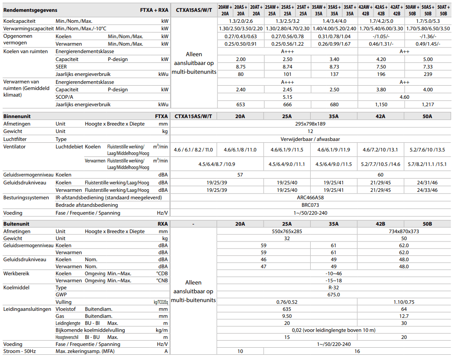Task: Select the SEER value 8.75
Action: tap(240, 67)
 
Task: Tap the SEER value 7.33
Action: tap(427, 67)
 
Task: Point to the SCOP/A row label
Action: tap(65, 97)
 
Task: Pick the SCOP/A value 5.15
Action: tap(287, 97)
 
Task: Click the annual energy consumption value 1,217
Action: tap(427, 104)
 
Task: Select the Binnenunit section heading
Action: tap(17, 116)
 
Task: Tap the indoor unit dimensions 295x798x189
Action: tap(310, 124)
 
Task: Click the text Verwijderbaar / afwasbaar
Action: tap(310, 139)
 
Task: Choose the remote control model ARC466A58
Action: tap(310, 198)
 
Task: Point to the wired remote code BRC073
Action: tap(310, 205)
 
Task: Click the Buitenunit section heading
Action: tap(17, 224)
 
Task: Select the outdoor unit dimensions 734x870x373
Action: tap(404, 231)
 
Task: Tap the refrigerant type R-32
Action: tap(334, 288)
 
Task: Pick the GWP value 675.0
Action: tap(334, 295)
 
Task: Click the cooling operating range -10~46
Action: tap(334, 274)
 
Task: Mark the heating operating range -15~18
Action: tap(334, 281)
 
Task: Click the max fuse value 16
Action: tap(357, 351)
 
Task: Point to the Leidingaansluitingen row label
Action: tap(27, 309)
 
